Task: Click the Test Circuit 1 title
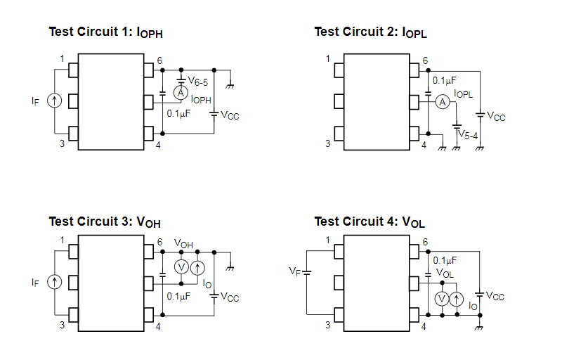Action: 105,32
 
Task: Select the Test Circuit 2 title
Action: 370,32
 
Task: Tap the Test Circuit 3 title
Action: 105,222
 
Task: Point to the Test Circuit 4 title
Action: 370,222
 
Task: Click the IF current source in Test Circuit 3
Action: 54,282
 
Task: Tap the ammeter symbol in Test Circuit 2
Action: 442,103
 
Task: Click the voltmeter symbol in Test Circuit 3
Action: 180,267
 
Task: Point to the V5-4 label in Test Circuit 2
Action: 468,134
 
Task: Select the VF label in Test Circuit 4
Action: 295,271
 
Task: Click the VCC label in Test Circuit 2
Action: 496,116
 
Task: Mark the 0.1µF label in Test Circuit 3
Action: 178,296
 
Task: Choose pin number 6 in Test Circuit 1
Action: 160,61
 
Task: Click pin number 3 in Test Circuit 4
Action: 327,325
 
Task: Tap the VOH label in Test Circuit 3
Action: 183,245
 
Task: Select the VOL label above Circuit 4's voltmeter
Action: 445,273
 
